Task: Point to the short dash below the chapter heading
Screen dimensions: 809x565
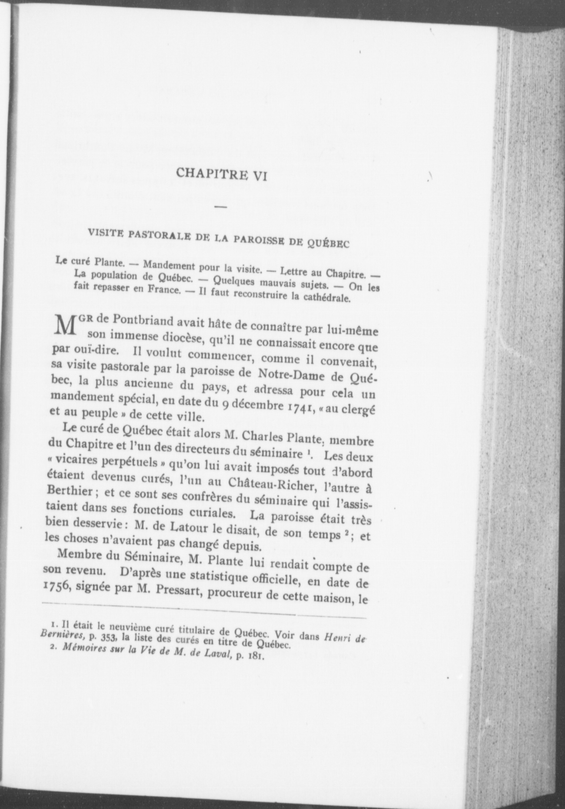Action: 221,207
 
